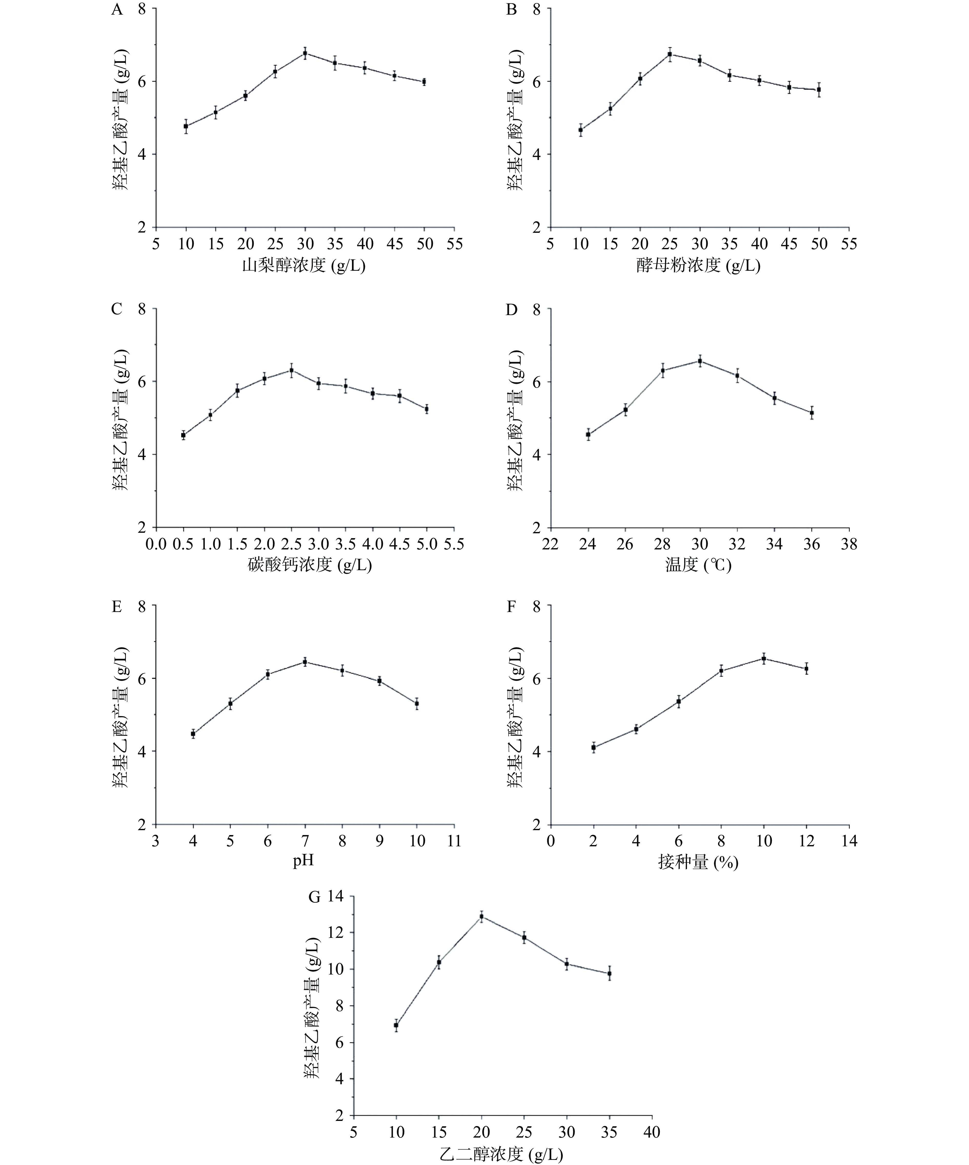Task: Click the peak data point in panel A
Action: tap(305, 53)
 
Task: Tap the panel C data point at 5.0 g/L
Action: tap(427, 409)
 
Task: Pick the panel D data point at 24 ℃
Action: tap(588, 434)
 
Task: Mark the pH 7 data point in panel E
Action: tap(305, 662)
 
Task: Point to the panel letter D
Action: tap(511, 309)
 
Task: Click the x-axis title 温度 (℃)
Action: tap(698, 565)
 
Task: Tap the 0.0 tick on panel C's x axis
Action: tap(156, 545)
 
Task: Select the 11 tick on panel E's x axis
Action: tap(454, 841)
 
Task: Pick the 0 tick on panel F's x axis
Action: tap(550, 841)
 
